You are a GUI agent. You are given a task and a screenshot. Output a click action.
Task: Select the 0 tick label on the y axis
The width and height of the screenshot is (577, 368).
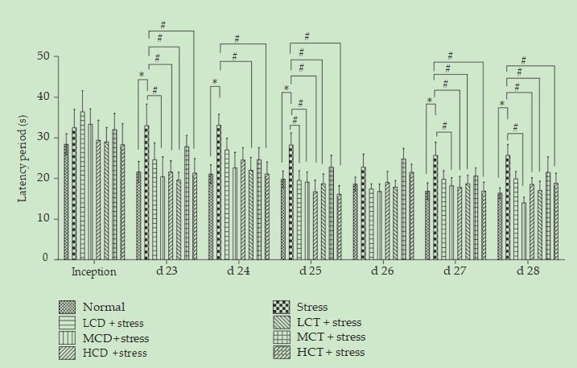click(46, 258)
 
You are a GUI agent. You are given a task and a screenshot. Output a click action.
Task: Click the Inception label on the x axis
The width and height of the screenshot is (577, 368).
click(94, 272)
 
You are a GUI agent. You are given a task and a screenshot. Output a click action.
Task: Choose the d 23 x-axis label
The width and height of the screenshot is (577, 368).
click(167, 272)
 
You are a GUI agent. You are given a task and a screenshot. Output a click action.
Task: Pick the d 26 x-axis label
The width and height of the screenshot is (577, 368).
click(382, 272)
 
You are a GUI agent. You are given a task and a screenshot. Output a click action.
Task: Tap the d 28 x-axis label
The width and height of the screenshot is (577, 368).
click(527, 272)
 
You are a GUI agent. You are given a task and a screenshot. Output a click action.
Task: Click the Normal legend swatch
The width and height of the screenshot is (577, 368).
click(68, 307)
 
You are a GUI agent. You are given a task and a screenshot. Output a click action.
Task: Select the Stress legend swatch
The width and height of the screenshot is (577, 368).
click(282, 307)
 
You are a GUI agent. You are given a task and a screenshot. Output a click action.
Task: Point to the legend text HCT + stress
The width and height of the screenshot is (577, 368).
click(331, 353)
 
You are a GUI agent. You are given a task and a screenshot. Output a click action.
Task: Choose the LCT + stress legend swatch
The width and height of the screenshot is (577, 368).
click(282, 322)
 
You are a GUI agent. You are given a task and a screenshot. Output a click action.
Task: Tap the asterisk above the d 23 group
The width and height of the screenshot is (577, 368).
click(142, 76)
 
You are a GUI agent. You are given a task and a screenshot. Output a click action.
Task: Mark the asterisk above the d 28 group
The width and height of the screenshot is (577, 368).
click(501, 104)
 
